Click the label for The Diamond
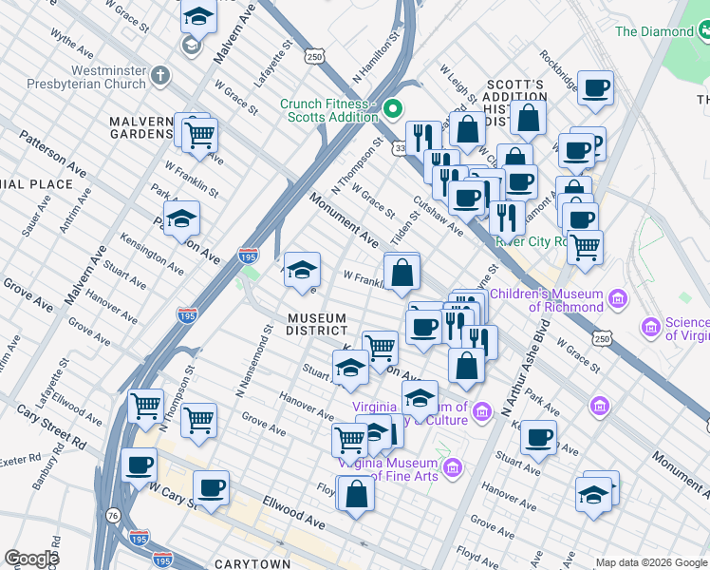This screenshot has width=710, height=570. (x=654, y=31)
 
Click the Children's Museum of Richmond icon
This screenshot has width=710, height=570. (x=620, y=300)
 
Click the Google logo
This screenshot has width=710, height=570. (x=31, y=559)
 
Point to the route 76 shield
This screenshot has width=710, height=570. (x=114, y=515)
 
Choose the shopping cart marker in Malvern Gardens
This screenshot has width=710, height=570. (x=199, y=135)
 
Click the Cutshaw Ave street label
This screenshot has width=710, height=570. (x=437, y=217)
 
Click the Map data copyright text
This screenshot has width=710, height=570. (x=650, y=561)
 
